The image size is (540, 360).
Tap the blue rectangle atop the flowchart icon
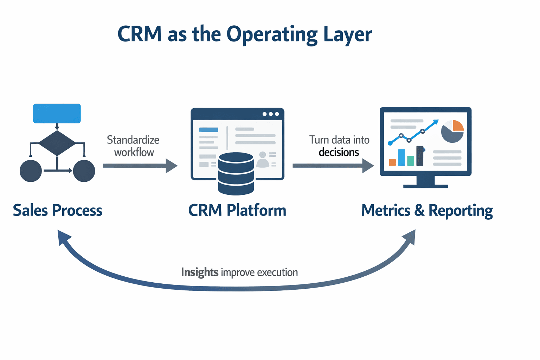[57, 113]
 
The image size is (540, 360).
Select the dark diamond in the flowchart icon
[57, 143]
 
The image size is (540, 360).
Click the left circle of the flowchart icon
[31, 171]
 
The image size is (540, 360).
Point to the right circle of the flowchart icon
[84, 171]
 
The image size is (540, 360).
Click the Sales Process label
[58, 210]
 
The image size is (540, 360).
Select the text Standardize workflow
[133, 146]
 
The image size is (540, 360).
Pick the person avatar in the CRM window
[263, 160]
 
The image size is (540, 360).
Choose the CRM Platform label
[237, 210]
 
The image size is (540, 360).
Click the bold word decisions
[339, 152]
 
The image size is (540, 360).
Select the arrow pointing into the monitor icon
[333, 166]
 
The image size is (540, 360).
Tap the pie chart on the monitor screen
[452, 131]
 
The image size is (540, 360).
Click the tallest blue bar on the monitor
[401, 157]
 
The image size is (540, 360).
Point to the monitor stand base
[425, 186]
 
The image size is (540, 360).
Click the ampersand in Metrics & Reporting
[419, 210]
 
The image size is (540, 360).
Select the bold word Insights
[200, 272]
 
